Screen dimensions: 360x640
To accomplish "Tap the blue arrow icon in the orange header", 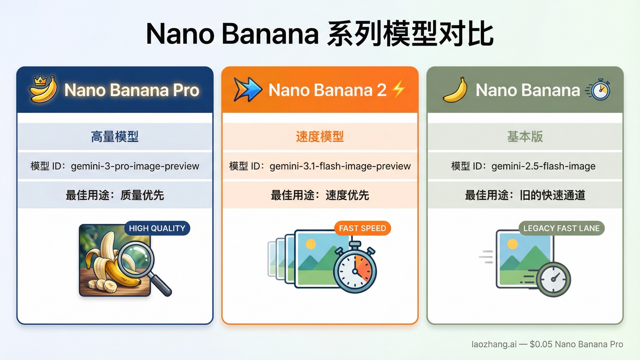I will [247, 89].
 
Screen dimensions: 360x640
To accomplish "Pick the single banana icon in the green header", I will [455, 90].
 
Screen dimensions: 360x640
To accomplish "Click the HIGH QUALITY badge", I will [157, 228].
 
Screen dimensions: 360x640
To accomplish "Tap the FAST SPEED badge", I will [362, 228].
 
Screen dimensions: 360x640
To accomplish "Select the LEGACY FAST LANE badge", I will [561, 228].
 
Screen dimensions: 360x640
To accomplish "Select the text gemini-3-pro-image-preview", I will [135, 166].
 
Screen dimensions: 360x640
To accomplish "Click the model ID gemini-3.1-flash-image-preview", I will [340, 166].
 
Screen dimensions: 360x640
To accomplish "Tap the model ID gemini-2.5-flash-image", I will [543, 166].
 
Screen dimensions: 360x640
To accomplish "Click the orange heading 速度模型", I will [320, 137].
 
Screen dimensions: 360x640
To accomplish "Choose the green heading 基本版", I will [525, 137].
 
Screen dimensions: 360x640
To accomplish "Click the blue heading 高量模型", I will [115, 137].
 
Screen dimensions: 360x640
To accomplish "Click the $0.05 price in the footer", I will [541, 344].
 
